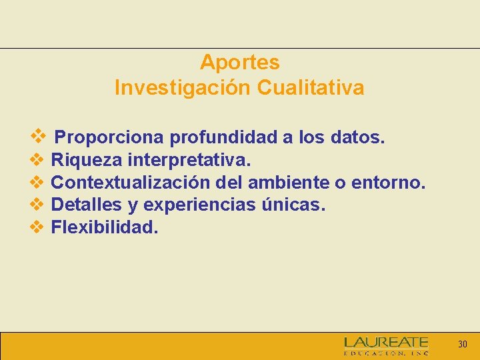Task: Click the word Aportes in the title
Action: (239, 63)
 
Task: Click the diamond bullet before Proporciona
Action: (37, 136)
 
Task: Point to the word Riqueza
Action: (87, 160)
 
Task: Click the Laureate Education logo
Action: (386, 345)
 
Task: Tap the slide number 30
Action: (462, 345)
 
